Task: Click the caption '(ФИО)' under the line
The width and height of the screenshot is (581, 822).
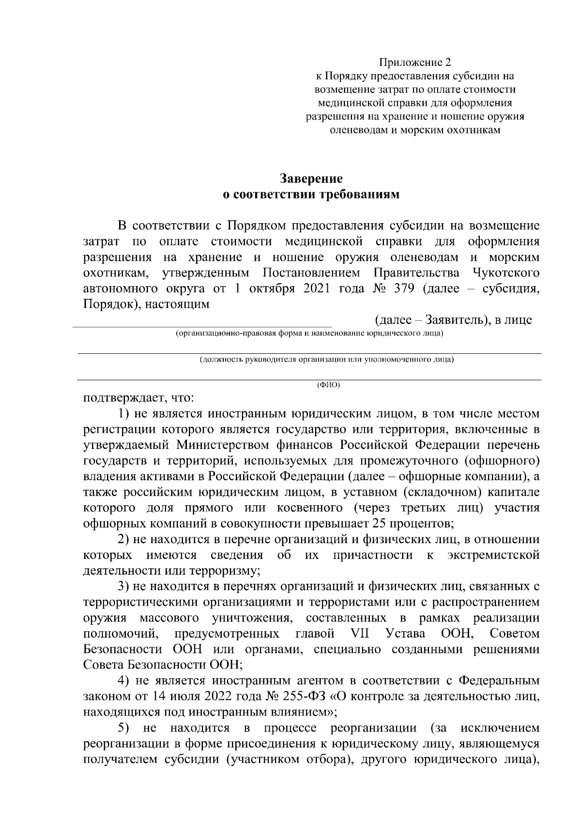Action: click(329, 385)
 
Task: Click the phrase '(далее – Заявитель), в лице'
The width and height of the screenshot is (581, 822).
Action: click(454, 320)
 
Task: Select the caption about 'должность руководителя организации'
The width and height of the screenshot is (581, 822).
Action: click(327, 360)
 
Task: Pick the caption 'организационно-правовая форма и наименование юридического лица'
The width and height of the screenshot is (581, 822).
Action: click(309, 334)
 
